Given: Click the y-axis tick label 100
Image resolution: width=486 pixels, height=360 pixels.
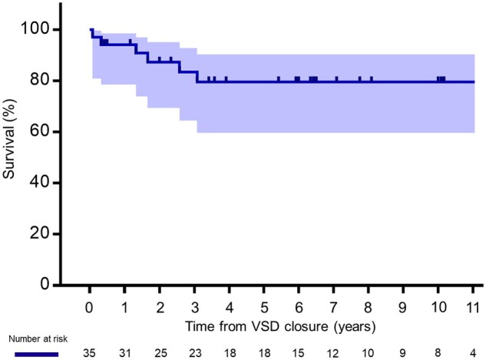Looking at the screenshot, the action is coord(35,28).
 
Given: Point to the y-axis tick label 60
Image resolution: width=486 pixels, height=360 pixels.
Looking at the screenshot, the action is coord(40,130).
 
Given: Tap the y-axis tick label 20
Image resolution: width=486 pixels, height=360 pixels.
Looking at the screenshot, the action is coord(40,233).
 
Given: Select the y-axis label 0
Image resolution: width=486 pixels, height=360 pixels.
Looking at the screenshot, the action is coord(45,283).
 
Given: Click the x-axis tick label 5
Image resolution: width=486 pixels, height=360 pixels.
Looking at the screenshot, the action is coord(264,307).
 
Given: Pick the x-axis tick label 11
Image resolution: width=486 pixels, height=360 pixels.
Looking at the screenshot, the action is coord(473,307).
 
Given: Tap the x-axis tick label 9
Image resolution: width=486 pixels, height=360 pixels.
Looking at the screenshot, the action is coord(403,307).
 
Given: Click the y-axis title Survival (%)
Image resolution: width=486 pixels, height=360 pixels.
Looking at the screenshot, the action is coord(8,139).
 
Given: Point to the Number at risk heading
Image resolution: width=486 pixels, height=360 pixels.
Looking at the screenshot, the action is coord(38,339).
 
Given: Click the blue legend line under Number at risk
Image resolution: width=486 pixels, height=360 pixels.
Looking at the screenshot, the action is coord(37,354).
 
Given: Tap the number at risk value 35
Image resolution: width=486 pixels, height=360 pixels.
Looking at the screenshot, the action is coord(89,353).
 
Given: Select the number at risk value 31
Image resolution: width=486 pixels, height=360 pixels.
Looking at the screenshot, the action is coord(125,353).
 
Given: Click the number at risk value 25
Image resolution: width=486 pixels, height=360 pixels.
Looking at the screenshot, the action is coord(160,353).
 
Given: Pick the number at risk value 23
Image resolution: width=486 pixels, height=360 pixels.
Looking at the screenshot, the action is coord(195,353).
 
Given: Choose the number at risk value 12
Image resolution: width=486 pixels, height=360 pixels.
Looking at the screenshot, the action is coord(333,353).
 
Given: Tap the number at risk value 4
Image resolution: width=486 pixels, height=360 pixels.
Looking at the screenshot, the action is coord(473,353).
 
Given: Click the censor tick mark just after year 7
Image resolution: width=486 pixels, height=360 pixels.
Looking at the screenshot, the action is coord(337,79).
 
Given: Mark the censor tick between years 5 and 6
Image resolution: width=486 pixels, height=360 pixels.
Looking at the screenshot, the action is coord(279,79).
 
